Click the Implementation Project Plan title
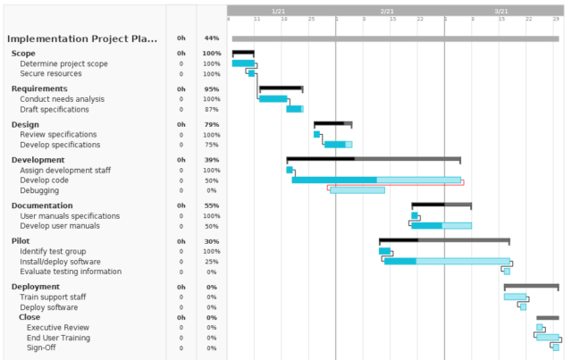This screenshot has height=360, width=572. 81,38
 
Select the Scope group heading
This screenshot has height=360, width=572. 23,54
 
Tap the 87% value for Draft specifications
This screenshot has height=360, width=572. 211,109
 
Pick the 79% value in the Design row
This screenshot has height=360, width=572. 211,124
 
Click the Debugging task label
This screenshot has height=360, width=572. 39,190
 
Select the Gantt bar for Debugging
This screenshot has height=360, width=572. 357,190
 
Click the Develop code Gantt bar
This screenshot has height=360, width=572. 375,180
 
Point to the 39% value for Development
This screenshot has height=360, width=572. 211,160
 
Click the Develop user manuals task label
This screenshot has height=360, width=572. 60,226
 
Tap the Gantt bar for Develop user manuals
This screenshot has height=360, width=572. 441,226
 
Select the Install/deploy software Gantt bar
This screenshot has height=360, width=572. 447,262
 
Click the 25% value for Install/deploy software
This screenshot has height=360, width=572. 211,262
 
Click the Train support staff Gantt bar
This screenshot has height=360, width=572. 516,297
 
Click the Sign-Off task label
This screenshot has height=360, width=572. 43,347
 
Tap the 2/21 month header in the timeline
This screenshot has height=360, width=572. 386,10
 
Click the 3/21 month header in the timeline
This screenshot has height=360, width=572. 501,10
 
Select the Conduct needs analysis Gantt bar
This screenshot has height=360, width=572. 273,99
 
